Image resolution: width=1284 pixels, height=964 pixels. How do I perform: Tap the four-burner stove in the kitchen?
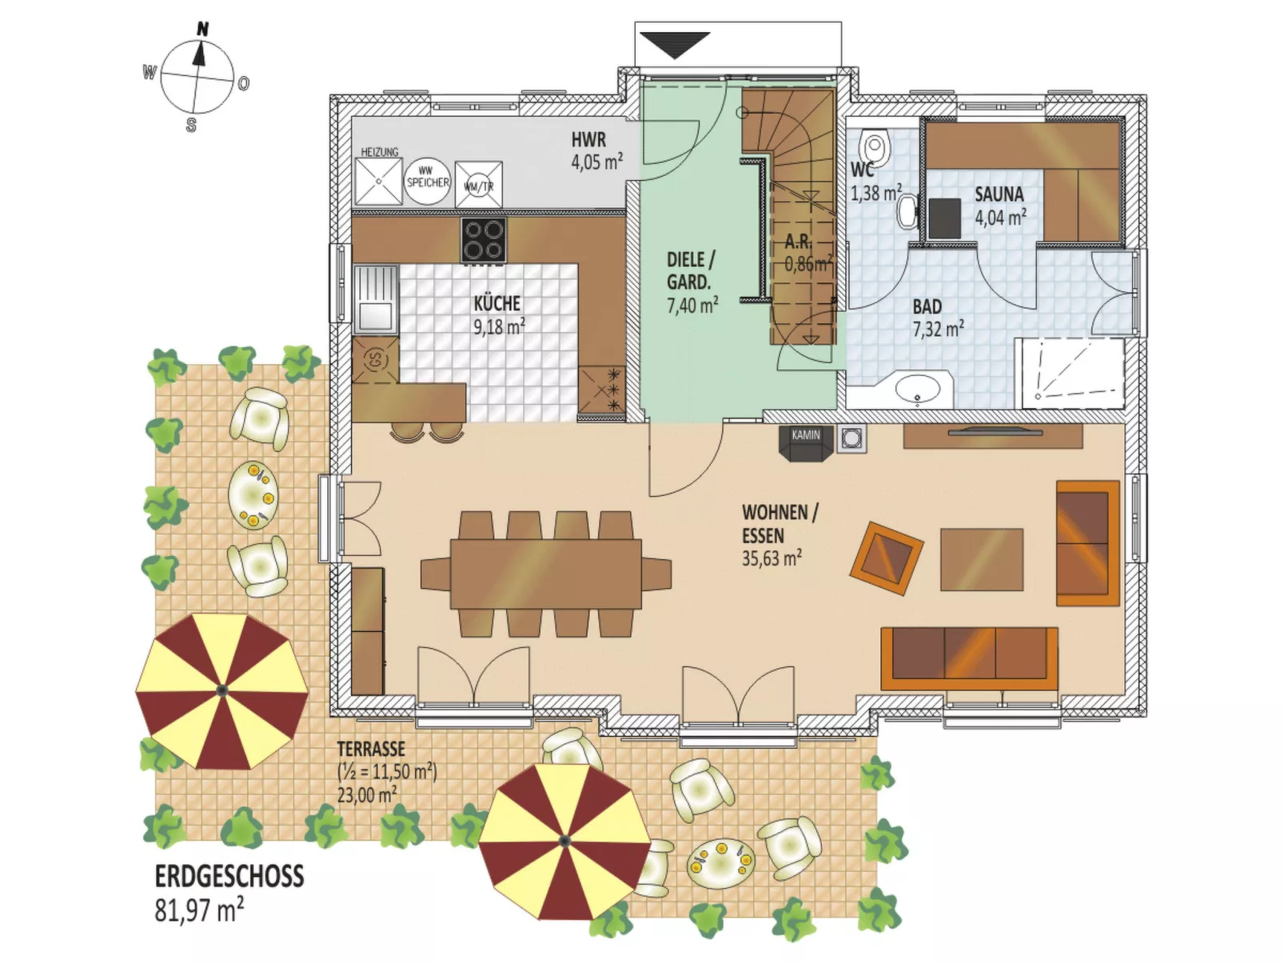(x=483, y=239)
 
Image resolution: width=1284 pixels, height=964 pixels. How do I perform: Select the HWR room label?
(x=588, y=140)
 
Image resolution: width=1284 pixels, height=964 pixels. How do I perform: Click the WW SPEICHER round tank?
(x=428, y=181)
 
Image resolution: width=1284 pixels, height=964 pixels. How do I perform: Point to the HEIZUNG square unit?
(x=379, y=182)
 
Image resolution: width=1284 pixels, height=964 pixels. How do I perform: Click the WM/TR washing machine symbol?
(x=479, y=184)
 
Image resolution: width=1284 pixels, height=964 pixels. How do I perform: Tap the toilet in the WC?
(x=875, y=148)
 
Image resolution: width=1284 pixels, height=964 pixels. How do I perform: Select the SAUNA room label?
(x=999, y=194)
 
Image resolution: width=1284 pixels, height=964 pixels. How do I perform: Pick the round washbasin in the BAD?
(x=917, y=390)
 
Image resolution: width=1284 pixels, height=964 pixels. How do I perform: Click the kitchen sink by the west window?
(x=375, y=298)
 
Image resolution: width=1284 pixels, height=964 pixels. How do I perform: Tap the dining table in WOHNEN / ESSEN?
(x=546, y=574)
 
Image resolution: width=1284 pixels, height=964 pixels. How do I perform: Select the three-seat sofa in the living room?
(x=969, y=658)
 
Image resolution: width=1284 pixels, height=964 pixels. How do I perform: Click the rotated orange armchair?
(x=886, y=558)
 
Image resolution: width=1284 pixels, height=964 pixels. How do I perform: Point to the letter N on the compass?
(x=202, y=30)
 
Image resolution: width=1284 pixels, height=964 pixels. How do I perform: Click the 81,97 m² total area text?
(x=199, y=910)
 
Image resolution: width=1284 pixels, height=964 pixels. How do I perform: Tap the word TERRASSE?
(x=371, y=750)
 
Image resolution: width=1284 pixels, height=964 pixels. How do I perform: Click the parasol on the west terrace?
(x=221, y=690)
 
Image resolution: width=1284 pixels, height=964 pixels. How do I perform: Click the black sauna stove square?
(x=944, y=218)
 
